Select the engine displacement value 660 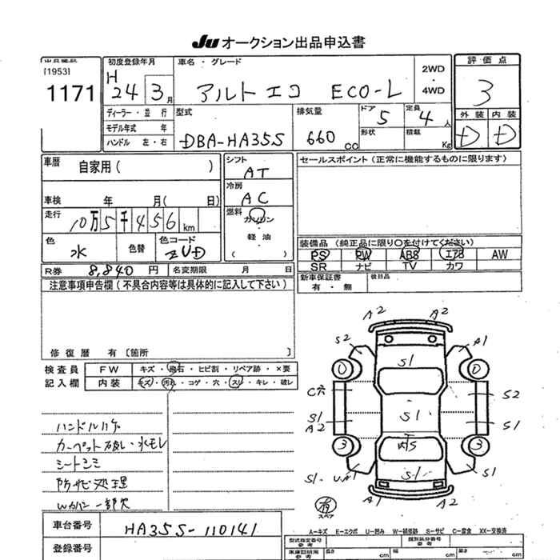tap(318, 138)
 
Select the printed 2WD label tap(433, 69)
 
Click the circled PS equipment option tap(318, 254)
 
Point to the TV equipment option tap(410, 266)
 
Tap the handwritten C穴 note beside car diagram tap(316, 391)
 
